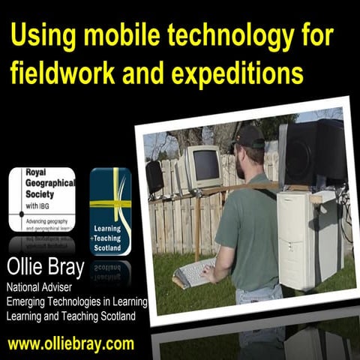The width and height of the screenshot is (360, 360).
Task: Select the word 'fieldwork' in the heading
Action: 63,73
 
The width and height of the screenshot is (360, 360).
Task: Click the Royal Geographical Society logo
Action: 42,199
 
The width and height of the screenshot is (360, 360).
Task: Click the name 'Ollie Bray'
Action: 47,267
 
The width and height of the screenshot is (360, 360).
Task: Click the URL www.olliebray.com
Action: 71,344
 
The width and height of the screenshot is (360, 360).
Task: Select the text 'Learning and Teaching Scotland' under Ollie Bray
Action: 72,316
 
